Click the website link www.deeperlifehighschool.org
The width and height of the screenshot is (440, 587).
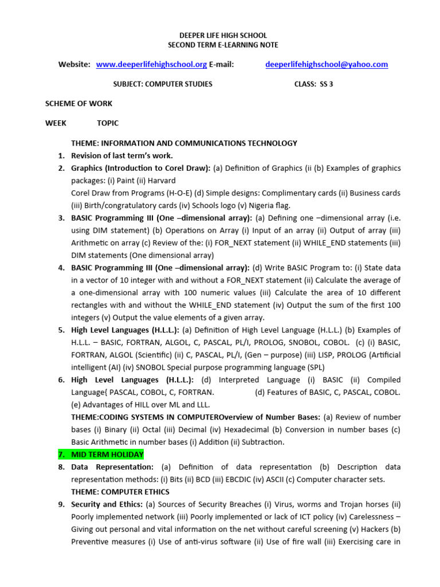tap(151, 65)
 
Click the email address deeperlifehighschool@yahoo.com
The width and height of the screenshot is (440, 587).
tap(327, 65)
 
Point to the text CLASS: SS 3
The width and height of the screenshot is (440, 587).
tap(313, 84)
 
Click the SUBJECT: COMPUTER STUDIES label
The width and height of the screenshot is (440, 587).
tap(163, 84)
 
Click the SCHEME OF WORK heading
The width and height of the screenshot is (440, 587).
tap(79, 104)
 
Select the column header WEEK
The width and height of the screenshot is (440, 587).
tap(56, 123)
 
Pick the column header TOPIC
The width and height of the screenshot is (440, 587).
tap(108, 123)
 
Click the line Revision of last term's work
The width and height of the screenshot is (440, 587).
tap(121, 156)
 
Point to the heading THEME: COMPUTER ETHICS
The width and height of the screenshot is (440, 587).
tap(120, 492)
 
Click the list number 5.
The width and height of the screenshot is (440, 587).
tap(61, 330)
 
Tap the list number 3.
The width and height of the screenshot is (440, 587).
tap(61, 218)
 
